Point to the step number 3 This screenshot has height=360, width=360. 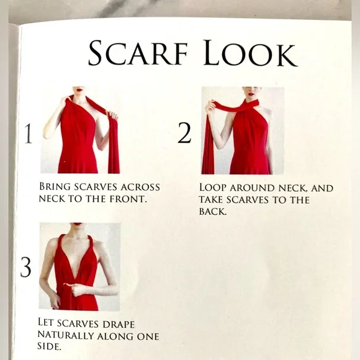25,268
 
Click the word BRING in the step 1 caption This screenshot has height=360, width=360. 56,187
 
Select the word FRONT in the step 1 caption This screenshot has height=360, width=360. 127,199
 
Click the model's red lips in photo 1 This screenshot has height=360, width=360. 79,97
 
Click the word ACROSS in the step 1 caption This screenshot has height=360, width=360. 137,187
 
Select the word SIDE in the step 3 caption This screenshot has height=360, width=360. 48,348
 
